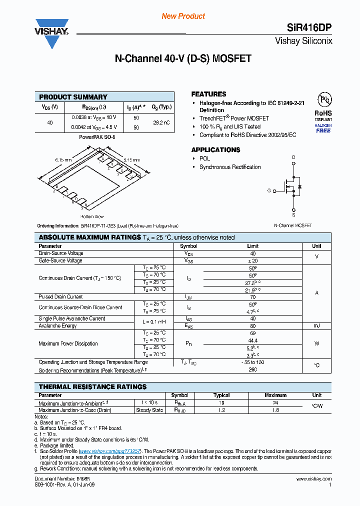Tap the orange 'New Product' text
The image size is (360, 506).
click(183, 16)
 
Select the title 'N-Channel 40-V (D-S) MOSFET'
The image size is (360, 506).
click(182, 58)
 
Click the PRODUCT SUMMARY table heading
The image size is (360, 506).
click(73, 97)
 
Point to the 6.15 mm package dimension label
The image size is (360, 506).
click(63, 159)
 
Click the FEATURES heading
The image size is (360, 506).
click(208, 94)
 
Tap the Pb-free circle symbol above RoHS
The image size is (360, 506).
click(322, 99)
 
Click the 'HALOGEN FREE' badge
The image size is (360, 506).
click(323, 128)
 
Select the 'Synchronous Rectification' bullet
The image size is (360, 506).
click(230, 167)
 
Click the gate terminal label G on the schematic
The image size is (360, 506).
click(268, 190)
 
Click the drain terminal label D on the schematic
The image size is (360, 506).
click(293, 157)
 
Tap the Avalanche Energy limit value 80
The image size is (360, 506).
click(252, 326)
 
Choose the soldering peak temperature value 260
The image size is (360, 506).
click(252, 370)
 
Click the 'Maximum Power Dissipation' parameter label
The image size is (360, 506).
click(68, 343)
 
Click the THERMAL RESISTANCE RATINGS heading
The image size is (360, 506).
click(92, 386)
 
